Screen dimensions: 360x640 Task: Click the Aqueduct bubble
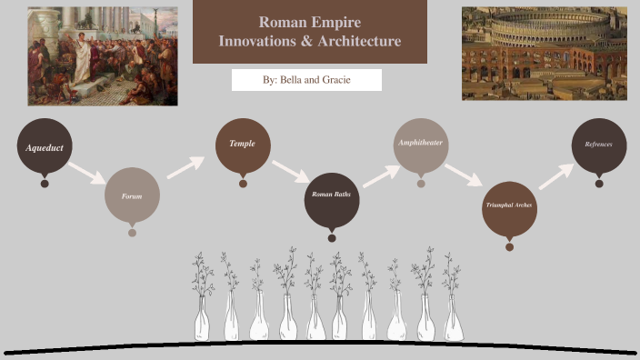[x=44, y=145]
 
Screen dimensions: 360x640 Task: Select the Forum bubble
[x=132, y=195]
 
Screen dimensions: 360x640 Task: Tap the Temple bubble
[x=243, y=145]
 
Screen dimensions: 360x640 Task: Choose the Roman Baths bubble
[x=331, y=195]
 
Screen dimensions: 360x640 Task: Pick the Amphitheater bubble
[x=420, y=145]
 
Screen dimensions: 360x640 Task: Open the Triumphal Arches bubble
[x=509, y=207]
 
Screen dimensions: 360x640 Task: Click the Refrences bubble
[x=599, y=145]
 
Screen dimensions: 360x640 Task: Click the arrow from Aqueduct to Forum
[x=88, y=172]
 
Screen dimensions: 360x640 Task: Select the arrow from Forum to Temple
[x=185, y=166]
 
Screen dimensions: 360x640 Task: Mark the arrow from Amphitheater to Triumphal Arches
[x=464, y=174]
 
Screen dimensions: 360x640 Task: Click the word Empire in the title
[x=336, y=23]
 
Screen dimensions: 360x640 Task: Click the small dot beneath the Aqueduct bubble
[x=44, y=184]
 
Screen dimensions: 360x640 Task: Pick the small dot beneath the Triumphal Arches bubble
[x=509, y=246]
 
